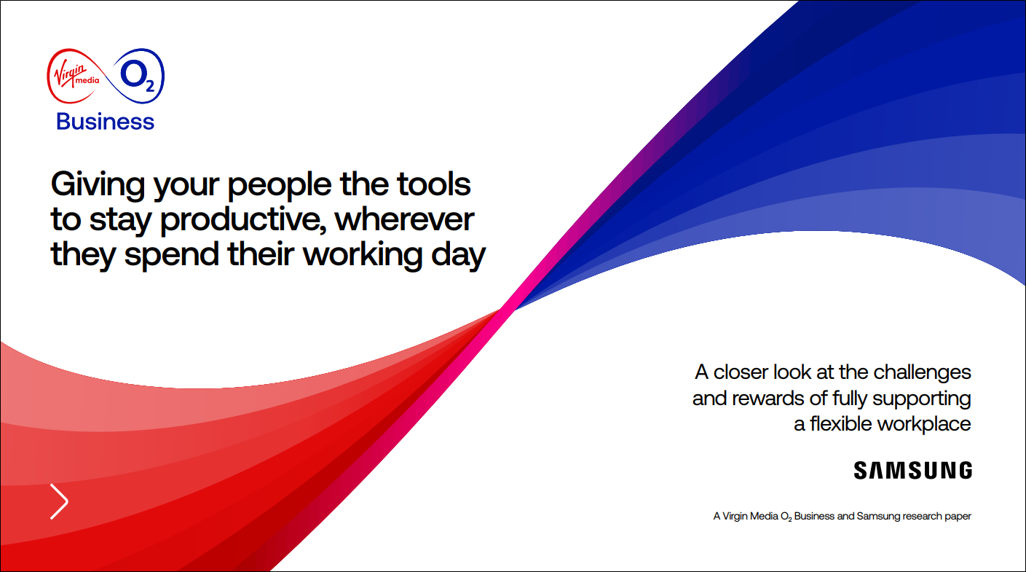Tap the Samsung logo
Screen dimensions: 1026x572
912,471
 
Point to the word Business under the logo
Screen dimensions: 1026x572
105,122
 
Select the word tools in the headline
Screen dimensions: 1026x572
433,184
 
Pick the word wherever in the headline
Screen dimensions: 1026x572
404,219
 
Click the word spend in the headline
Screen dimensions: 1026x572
171,256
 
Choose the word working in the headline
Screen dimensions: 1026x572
363,256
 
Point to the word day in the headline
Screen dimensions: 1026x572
458,256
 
